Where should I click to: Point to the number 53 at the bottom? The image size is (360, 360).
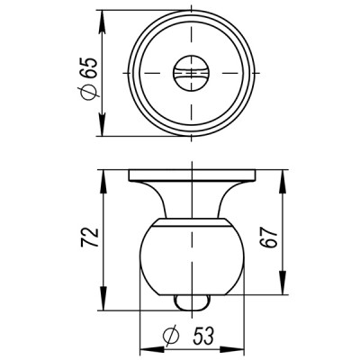202,335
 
